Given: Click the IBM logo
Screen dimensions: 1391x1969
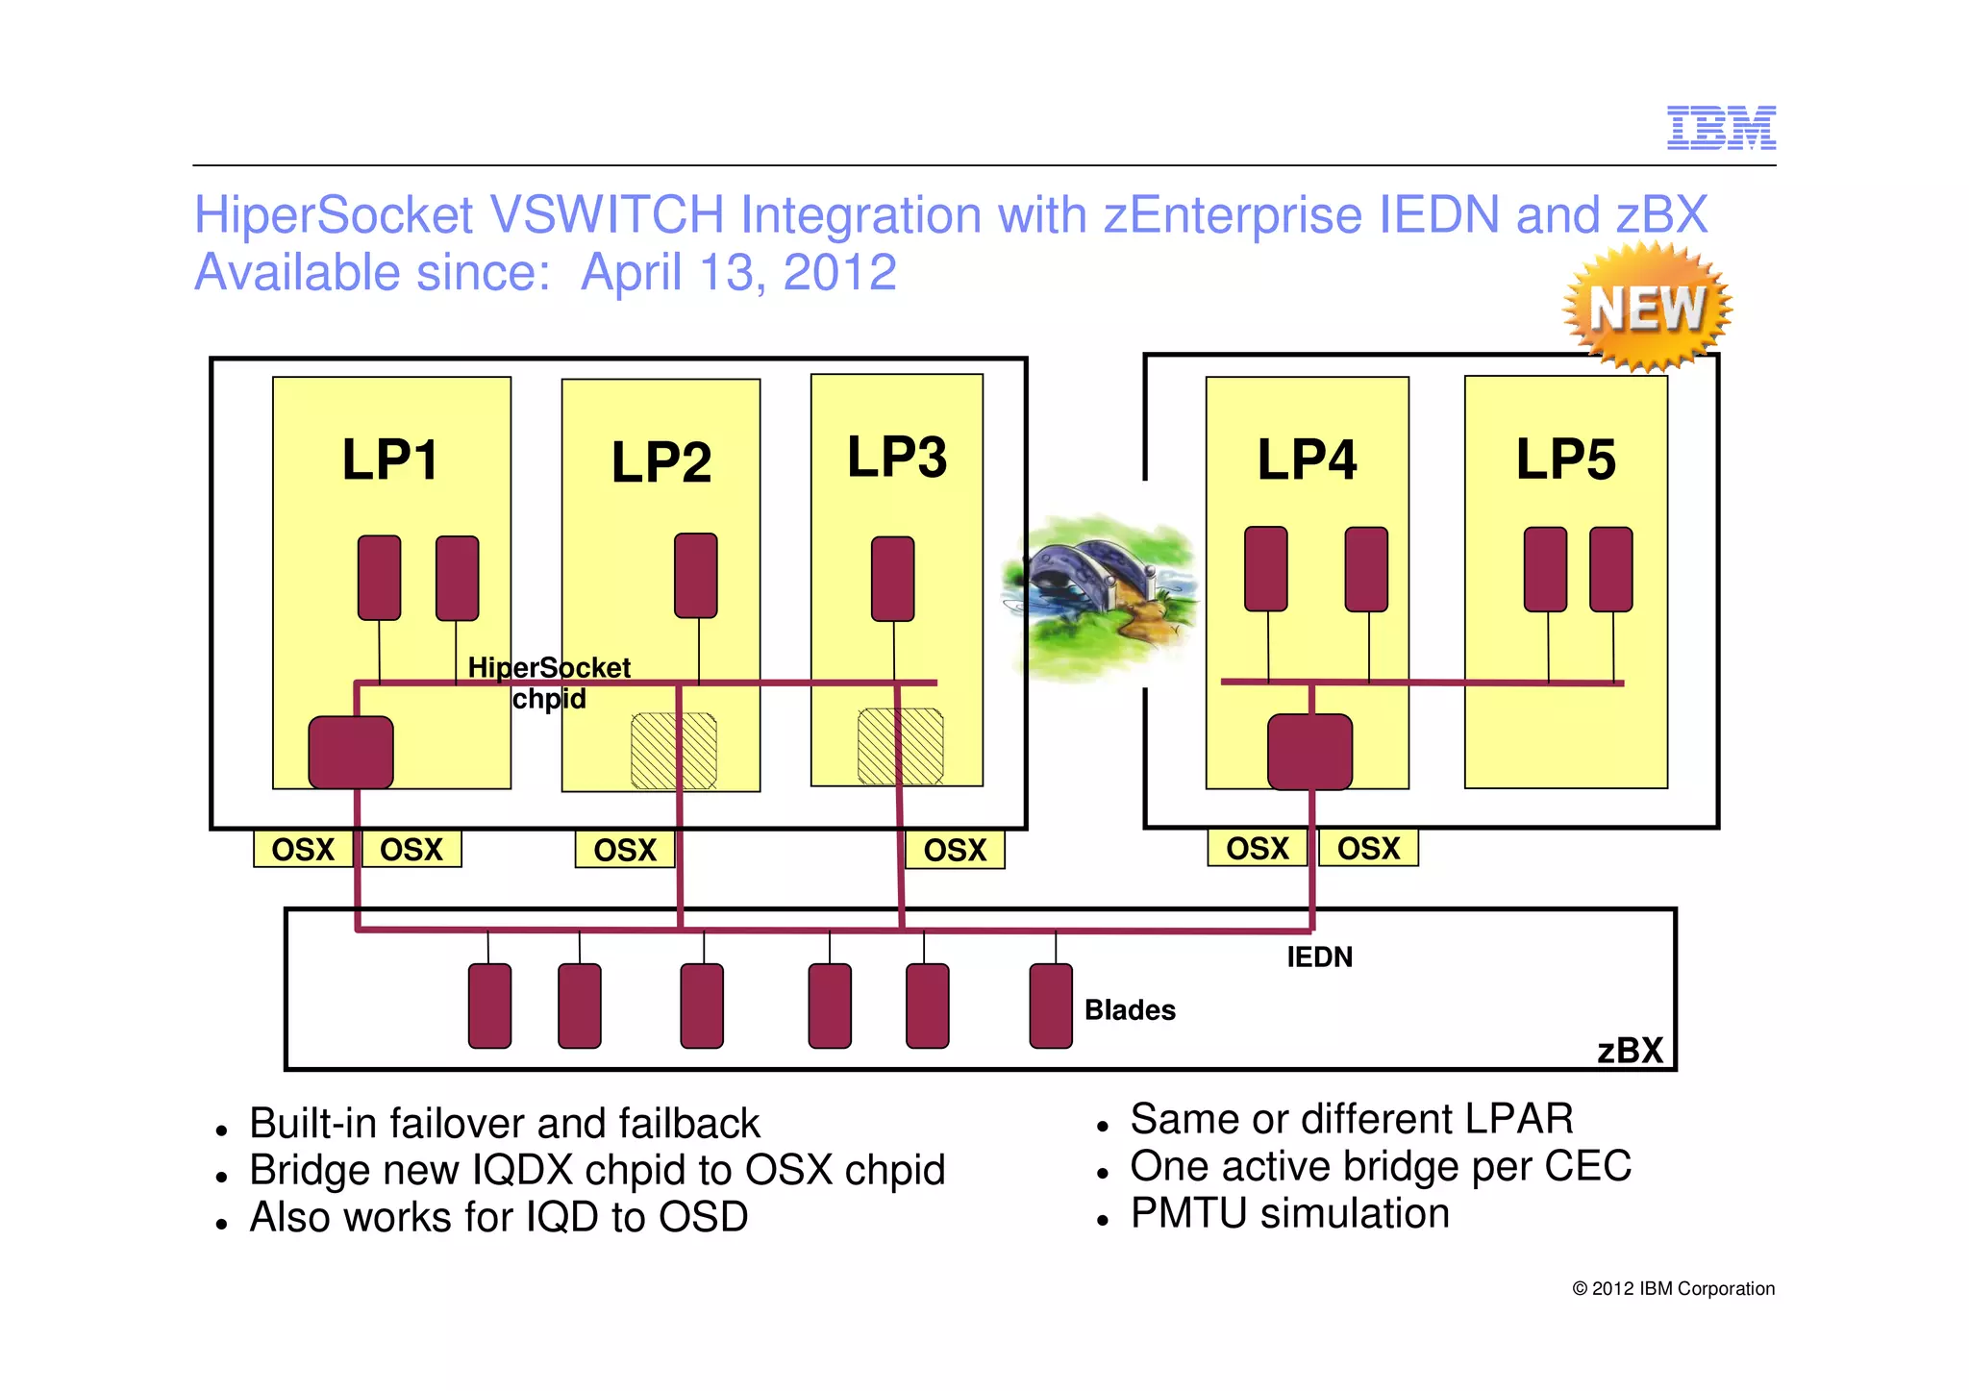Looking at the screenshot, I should (1721, 128).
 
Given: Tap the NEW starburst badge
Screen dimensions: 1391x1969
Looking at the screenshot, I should (1647, 308).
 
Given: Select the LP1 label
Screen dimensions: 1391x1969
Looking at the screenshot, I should (390, 460).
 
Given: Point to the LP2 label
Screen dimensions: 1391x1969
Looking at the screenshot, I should (661, 462).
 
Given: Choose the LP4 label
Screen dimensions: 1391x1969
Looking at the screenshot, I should (1307, 460).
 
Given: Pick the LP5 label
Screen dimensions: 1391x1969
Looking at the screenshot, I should (1565, 460).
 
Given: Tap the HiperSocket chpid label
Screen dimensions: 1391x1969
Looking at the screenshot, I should (549, 683).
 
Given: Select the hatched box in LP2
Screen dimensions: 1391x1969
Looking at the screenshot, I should (673, 751).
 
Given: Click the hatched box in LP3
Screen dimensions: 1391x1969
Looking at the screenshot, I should (900, 746).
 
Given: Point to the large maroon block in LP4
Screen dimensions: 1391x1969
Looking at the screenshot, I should (1309, 751).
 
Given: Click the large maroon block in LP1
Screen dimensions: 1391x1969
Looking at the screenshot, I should (351, 752).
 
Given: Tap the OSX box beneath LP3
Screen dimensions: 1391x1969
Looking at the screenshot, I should (955, 850).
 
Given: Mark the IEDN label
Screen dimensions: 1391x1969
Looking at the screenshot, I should (1319, 956).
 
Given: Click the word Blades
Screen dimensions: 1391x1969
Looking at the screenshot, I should (1130, 1009).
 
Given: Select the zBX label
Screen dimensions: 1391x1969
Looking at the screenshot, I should (1630, 1050).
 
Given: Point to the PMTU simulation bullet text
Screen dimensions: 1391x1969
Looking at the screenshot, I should (1289, 1213).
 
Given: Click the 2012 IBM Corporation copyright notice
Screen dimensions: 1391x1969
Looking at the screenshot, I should (1673, 1288).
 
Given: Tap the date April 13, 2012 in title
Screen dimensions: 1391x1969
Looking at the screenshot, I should (738, 273).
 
